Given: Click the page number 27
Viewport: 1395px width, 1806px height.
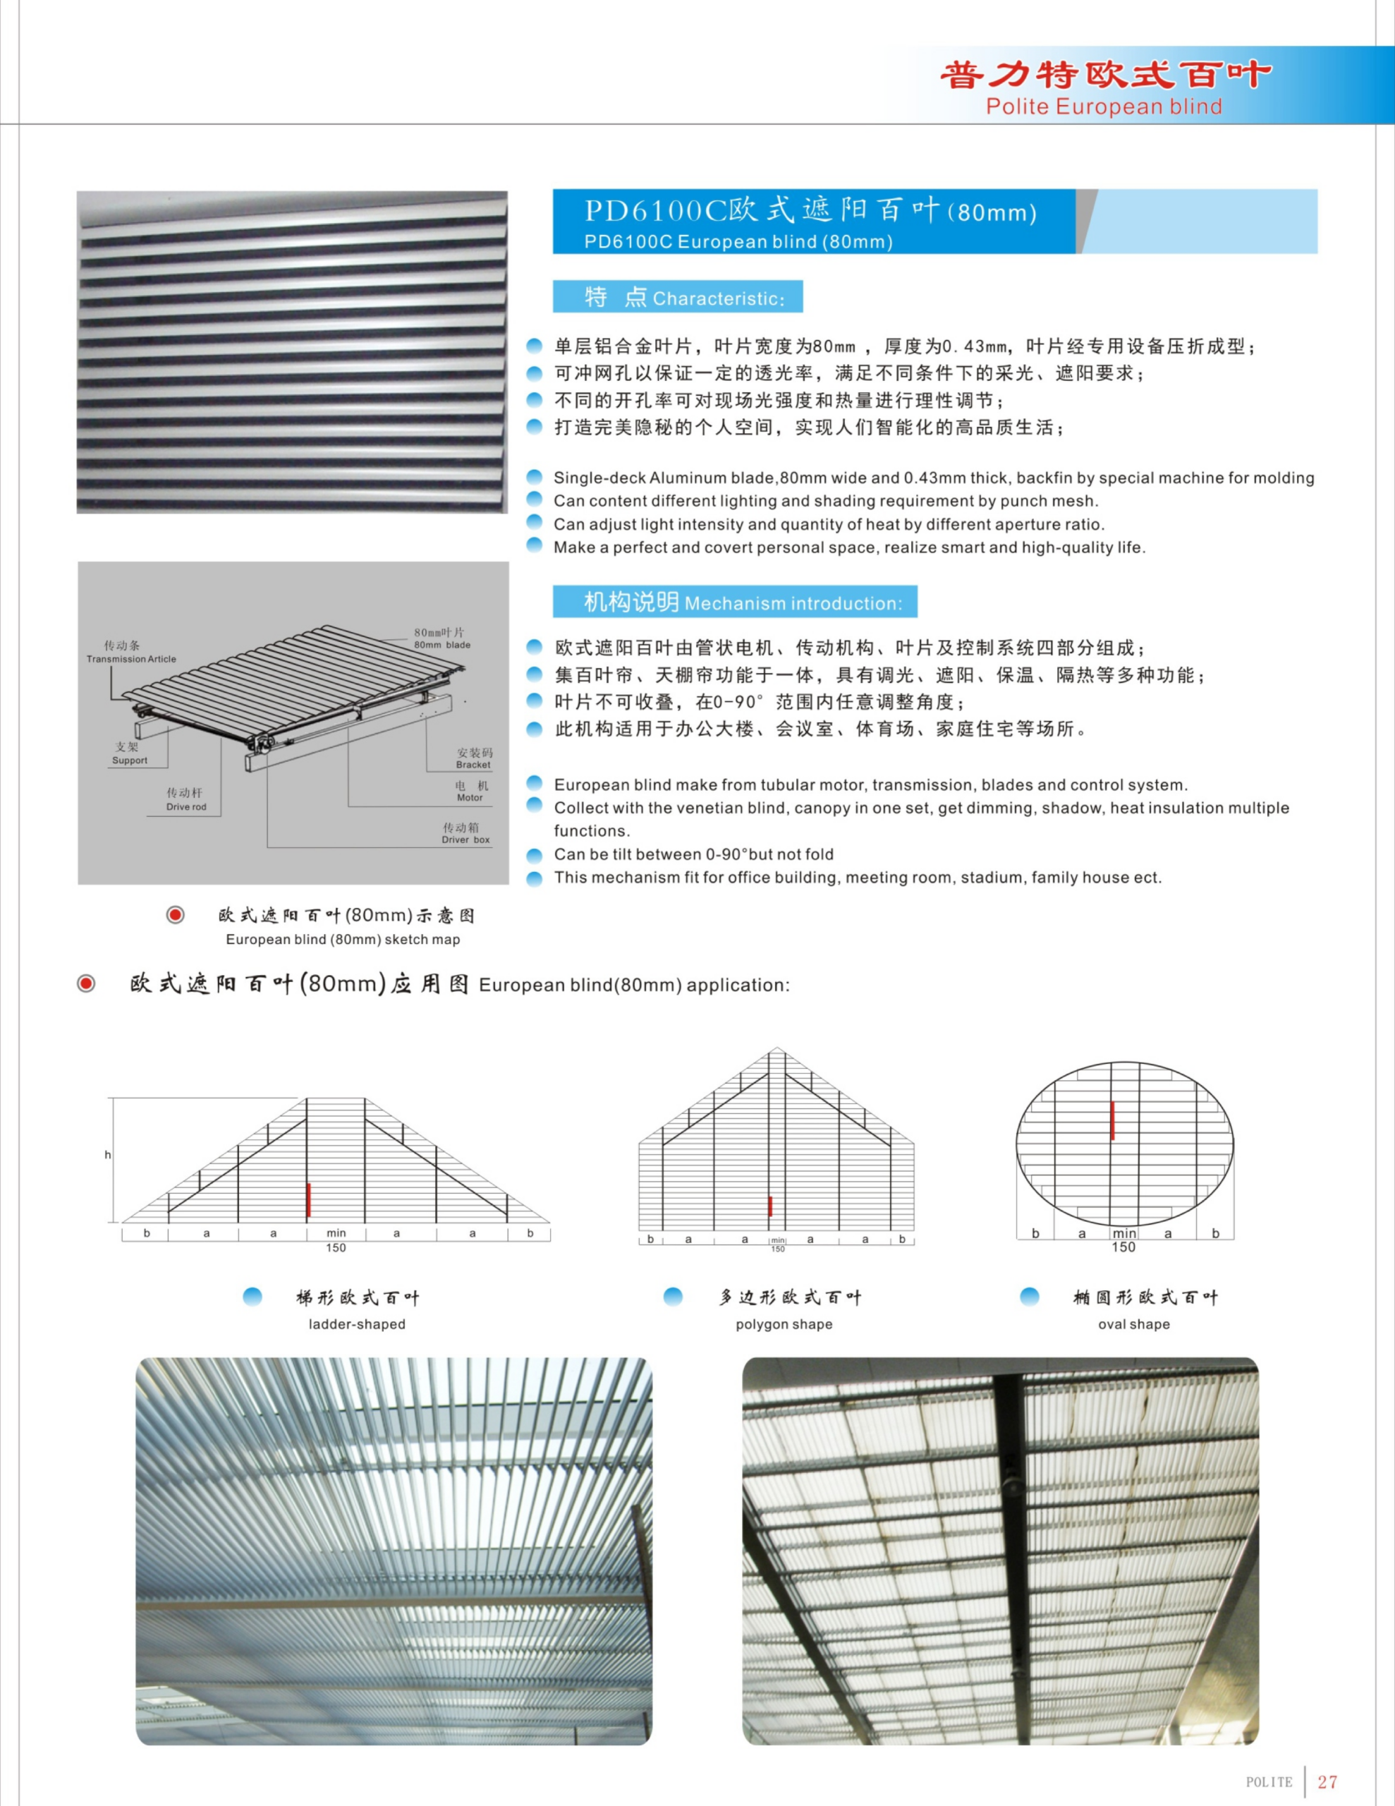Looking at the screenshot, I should click(x=1327, y=1781).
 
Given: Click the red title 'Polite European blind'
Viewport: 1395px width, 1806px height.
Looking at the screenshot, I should click(x=1103, y=107).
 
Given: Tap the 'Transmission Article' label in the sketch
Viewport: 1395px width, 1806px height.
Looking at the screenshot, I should click(x=130, y=659).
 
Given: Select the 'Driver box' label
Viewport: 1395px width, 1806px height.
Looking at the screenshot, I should click(x=465, y=840).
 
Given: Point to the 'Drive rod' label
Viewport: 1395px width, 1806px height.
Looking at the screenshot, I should click(x=186, y=807).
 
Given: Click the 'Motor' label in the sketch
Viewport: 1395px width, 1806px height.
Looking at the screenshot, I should click(x=470, y=798).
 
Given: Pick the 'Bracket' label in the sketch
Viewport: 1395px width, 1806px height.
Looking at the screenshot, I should click(x=473, y=765).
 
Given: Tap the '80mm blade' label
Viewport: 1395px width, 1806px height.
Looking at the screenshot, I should click(x=441, y=645).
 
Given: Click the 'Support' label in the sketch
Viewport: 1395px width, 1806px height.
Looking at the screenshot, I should click(x=130, y=760).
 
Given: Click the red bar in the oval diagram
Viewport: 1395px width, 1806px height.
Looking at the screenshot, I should click(x=1112, y=1120).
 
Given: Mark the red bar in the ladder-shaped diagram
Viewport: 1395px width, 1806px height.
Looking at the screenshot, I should click(x=308, y=1200).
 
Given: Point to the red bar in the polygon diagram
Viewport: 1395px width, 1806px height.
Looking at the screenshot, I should click(x=770, y=1206).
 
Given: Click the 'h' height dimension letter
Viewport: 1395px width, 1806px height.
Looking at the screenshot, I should click(x=107, y=1154).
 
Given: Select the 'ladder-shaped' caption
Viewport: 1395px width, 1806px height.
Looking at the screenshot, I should click(x=356, y=1324).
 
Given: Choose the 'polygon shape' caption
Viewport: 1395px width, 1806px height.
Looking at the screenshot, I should click(x=784, y=1324).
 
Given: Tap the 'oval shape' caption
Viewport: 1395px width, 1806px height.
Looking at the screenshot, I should click(x=1133, y=1324).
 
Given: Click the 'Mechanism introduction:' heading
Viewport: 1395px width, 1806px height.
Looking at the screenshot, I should click(x=793, y=604).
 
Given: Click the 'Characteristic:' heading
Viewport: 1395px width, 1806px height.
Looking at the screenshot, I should click(x=718, y=298).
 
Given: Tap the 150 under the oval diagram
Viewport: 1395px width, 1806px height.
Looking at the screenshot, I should click(x=1123, y=1247).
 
